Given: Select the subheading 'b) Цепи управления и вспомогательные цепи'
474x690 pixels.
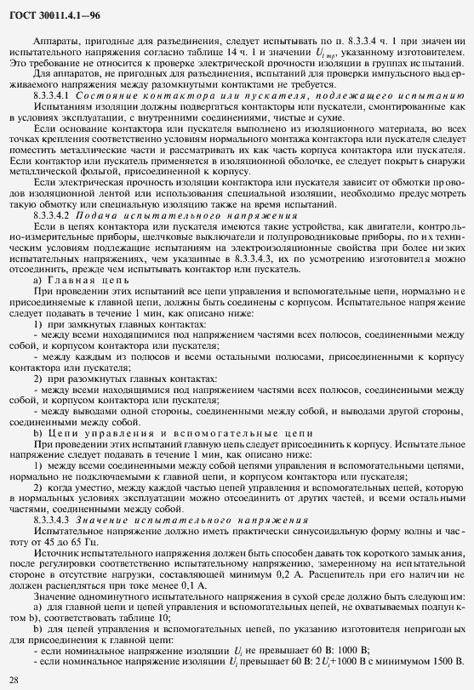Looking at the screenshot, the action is point(163,431).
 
